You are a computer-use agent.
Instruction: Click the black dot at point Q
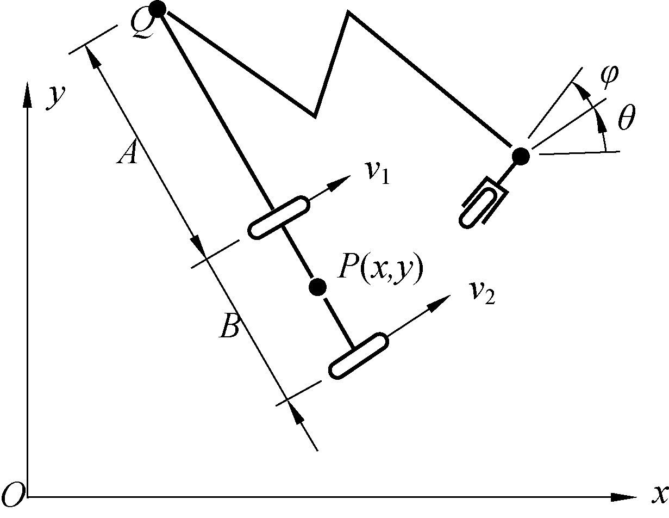pos(157,9)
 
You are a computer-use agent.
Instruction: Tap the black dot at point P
pos(317,286)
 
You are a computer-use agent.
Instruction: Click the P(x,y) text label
pos(379,269)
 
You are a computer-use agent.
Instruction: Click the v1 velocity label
pos(377,172)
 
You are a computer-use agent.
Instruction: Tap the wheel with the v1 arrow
pos(279,217)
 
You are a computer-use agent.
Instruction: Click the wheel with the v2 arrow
pos(359,356)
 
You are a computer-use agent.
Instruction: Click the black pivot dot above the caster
pos(521,156)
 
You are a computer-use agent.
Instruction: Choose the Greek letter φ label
pos(609,75)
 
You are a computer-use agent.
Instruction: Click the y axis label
pos(56,97)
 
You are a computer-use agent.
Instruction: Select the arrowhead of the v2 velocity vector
pos(441,301)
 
